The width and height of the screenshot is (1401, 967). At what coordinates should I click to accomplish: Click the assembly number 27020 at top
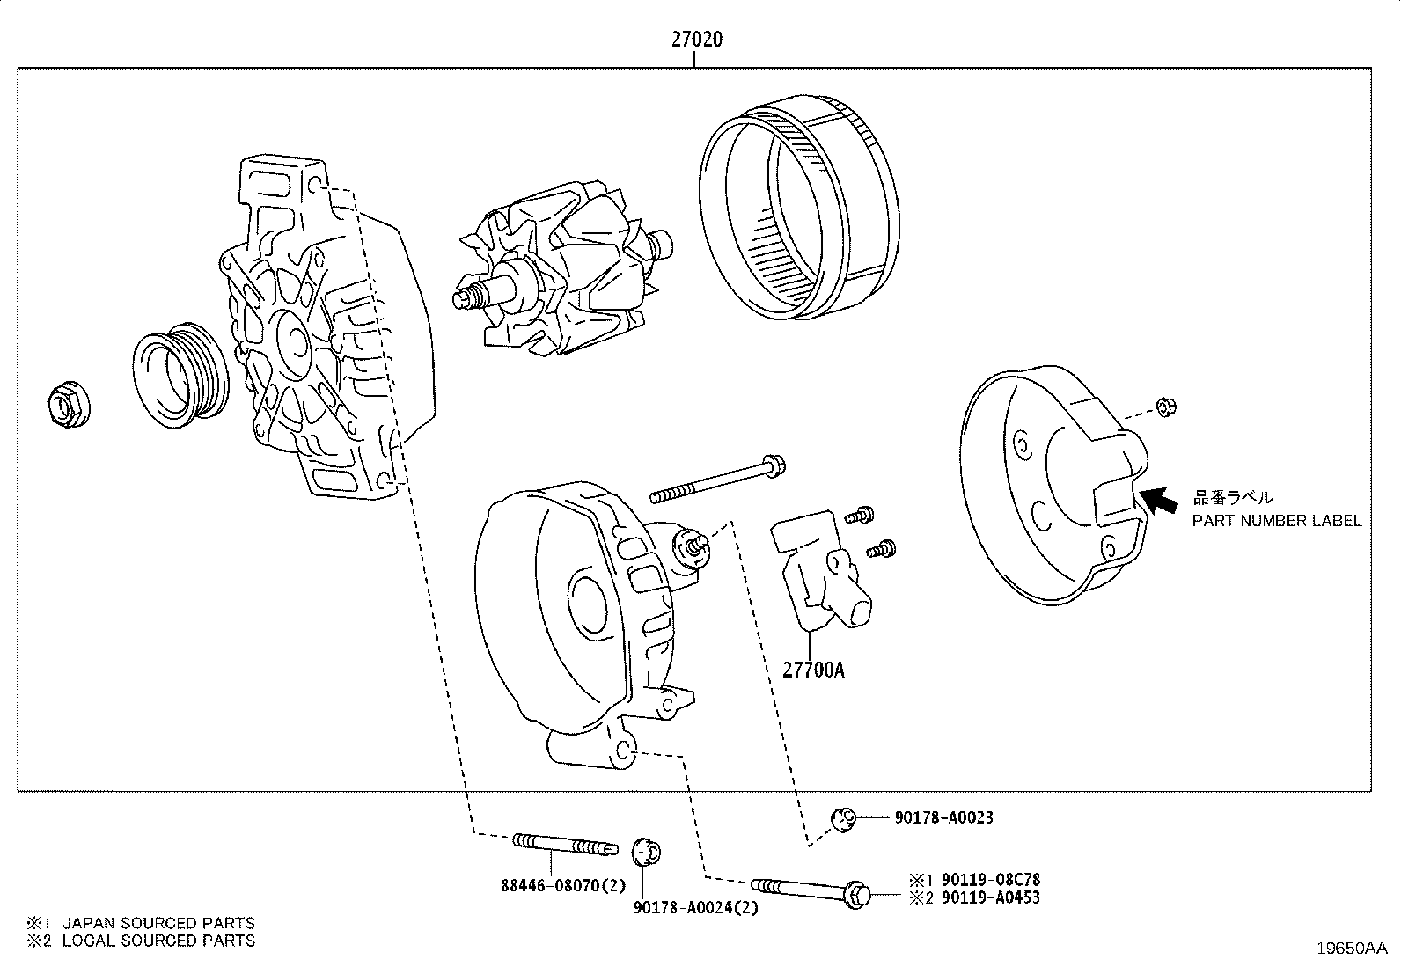[x=695, y=40]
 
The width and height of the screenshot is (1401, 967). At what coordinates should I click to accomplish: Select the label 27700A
[x=813, y=670]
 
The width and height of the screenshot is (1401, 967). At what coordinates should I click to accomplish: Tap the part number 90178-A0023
[x=944, y=817]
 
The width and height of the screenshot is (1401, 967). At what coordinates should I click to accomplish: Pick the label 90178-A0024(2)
[x=695, y=907]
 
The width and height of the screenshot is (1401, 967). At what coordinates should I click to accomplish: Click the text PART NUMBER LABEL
[x=1276, y=521]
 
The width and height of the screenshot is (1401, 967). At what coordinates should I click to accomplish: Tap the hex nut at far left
[x=67, y=406]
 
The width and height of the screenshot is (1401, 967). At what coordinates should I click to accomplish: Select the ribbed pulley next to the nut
[x=180, y=374]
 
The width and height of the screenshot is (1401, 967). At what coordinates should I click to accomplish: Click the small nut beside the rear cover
[x=1166, y=407]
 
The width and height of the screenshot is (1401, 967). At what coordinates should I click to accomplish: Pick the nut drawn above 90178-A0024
[x=649, y=852]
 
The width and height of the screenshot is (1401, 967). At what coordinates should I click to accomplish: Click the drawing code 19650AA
[x=1351, y=949]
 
